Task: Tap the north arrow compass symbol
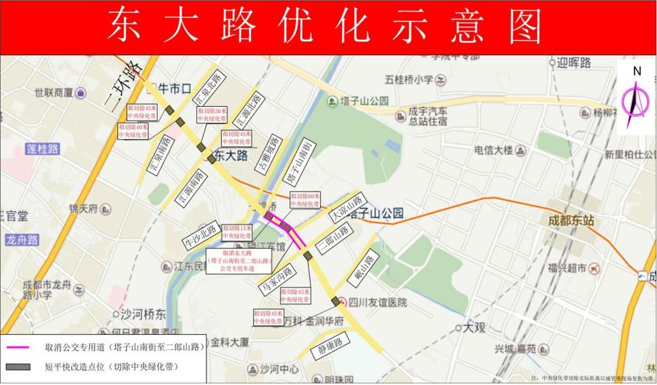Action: click(635, 100)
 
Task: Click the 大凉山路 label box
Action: click(347, 207)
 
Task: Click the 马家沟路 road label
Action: click(277, 280)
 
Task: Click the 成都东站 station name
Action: click(570, 220)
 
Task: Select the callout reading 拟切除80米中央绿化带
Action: click(305, 200)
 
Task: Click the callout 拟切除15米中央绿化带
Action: click(236, 232)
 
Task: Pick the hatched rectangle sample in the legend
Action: click(19, 367)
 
